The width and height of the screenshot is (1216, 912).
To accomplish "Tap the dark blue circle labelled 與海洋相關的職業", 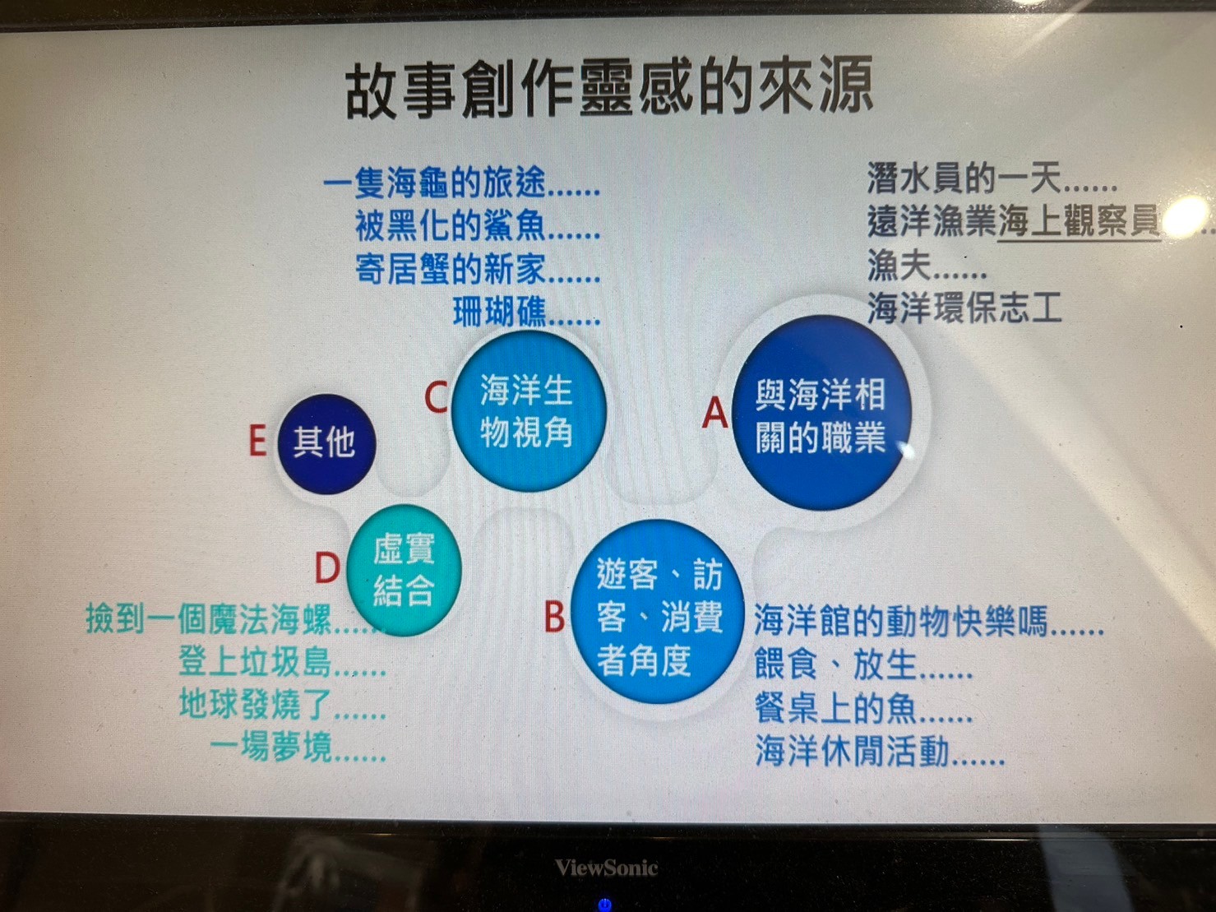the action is click(821, 413).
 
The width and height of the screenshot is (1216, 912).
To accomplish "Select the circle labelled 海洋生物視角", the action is click(529, 411).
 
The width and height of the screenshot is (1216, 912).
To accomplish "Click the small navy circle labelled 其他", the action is click(326, 444).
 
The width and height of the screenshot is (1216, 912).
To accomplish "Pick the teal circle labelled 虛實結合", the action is click(404, 570).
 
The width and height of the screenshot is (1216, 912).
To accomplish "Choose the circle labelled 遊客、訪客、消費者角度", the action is click(658, 612).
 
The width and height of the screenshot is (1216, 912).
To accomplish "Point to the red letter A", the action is click(714, 413).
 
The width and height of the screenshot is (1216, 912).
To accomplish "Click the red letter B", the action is click(554, 616).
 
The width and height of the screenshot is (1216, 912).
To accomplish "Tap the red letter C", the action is click(436, 396).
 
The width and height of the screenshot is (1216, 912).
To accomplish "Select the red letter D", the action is click(327, 567).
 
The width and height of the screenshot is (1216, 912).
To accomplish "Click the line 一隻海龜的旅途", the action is click(461, 183).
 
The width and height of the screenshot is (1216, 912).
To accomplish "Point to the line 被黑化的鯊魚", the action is click(477, 227).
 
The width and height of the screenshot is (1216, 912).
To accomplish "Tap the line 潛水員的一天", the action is click(992, 178).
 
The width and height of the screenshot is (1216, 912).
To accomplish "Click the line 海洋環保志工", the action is click(964, 308).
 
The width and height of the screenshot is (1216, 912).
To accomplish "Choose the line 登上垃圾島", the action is click(282, 661).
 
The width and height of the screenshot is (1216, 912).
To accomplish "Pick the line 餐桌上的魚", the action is click(863, 708).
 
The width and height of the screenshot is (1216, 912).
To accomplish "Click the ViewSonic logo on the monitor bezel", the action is click(607, 867).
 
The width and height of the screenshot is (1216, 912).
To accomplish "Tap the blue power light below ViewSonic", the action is click(605, 905).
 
